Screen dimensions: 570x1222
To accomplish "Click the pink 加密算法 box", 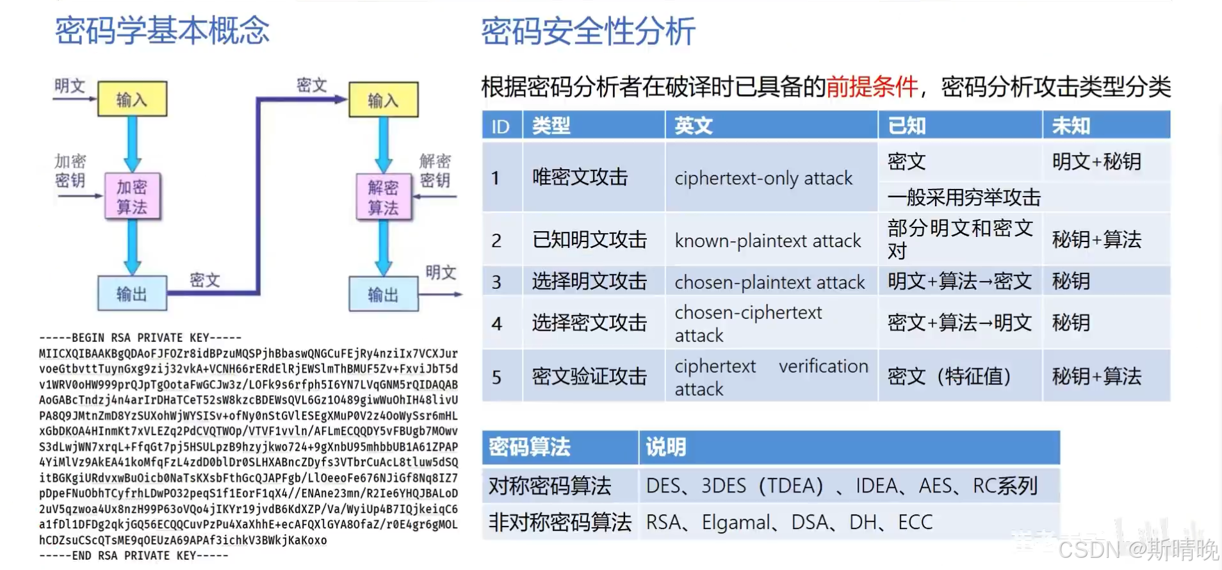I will pyautogui.click(x=133, y=197).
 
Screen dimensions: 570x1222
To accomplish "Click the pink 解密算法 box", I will pyautogui.click(x=384, y=197).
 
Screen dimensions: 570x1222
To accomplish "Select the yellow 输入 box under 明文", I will pyautogui.click(x=132, y=99).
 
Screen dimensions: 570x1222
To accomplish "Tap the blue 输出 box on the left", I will pyautogui.click(x=132, y=293).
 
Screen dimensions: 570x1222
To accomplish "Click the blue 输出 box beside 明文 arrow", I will pyautogui.click(x=383, y=294).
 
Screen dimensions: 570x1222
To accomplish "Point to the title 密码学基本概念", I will pyautogui.click(x=162, y=31).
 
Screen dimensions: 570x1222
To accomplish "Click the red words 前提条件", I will pyautogui.click(x=872, y=86).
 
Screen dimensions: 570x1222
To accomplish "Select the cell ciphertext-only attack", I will pyautogui.click(x=763, y=178).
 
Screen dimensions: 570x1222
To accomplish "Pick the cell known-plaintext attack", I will pyautogui.click(x=767, y=241).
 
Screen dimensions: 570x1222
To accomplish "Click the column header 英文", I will pyautogui.click(x=693, y=126).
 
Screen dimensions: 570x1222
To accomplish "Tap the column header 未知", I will pyautogui.click(x=1071, y=126).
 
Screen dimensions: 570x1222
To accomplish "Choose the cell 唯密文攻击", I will pyautogui.click(x=580, y=177).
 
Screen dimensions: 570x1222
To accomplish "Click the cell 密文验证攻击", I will pyautogui.click(x=589, y=377).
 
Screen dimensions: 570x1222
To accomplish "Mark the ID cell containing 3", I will pyautogui.click(x=496, y=282).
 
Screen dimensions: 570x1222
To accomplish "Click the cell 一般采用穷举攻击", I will pyautogui.click(x=964, y=197).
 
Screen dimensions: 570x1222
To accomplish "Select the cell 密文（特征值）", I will pyautogui.click(x=949, y=377).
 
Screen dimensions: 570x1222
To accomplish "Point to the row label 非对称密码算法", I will pyautogui.click(x=560, y=522).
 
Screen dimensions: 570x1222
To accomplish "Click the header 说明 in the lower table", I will pyautogui.click(x=665, y=447).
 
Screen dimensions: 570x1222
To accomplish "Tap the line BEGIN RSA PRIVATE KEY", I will pyautogui.click(x=140, y=338).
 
